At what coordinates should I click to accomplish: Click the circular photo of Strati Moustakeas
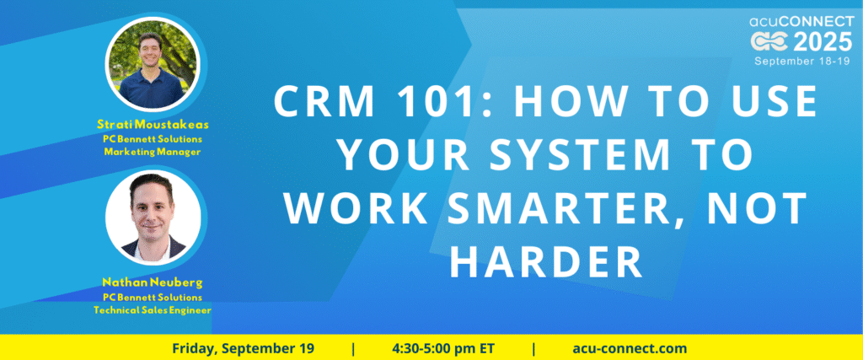point(152,65)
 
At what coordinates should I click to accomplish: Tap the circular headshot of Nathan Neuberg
point(153,218)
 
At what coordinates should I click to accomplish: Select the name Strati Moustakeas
point(153,125)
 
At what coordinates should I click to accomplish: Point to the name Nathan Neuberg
point(153,283)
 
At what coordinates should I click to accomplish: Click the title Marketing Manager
point(153,152)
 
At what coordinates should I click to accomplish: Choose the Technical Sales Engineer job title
point(153,310)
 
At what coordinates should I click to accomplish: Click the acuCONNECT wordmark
point(801,21)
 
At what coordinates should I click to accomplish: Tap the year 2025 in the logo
point(823,41)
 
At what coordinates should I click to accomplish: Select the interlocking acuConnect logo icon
point(770,42)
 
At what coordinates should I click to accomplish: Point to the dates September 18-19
point(803,61)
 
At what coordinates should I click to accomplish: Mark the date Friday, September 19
point(244,348)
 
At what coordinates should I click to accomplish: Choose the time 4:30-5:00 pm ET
point(443,348)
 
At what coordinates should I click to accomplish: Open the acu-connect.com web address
point(630,348)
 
